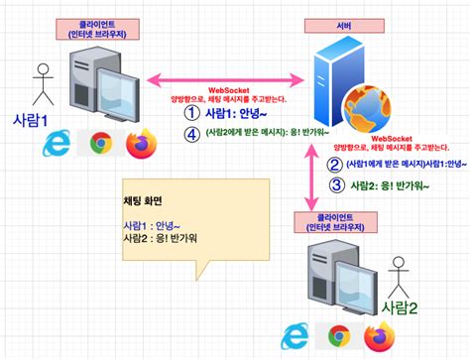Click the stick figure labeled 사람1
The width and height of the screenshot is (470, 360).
(41, 85)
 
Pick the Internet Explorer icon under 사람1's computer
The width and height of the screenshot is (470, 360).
(58, 146)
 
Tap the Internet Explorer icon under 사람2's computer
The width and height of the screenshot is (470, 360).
(295, 336)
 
